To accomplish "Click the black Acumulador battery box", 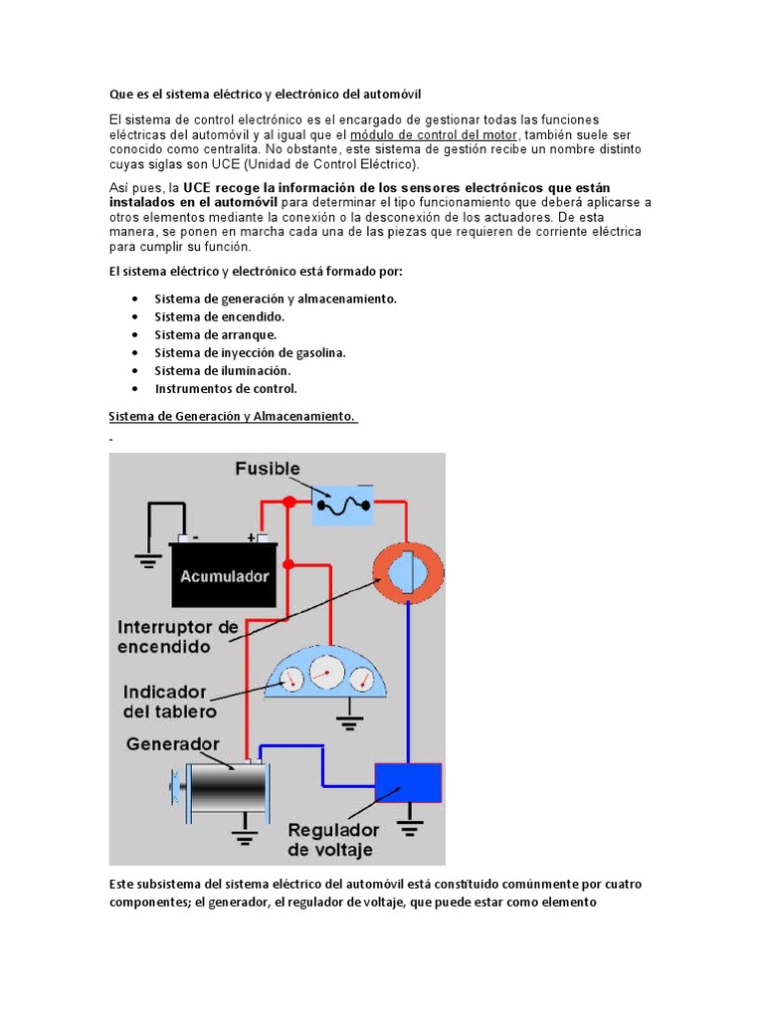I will (223, 575).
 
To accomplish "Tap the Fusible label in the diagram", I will (267, 468).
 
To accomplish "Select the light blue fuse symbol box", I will (342, 505).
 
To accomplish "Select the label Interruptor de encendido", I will (178, 637).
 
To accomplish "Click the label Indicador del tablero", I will (164, 702).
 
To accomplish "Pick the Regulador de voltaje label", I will (332, 839).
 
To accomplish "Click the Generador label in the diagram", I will (172, 744).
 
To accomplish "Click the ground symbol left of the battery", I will (149, 561).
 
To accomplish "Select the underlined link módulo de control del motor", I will (434, 134).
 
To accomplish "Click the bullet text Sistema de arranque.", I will (215, 334).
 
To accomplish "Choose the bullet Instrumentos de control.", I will (226, 388).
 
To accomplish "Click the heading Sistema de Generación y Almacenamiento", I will (232, 416).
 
